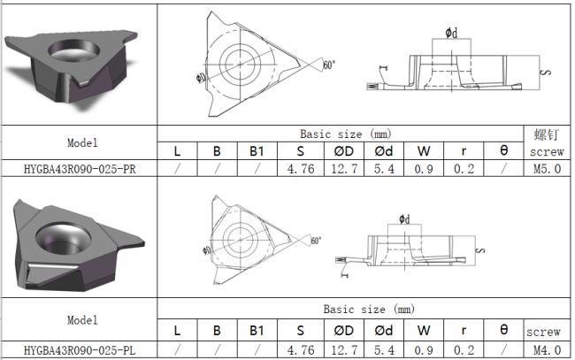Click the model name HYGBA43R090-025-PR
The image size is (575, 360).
click(80, 169)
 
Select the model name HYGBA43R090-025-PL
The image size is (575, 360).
click(80, 350)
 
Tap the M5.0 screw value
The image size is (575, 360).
click(547, 169)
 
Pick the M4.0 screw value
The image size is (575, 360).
click(547, 350)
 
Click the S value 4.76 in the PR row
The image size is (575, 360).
click(301, 169)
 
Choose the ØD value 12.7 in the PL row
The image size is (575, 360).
click(344, 350)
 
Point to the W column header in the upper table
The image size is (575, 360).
click(424, 151)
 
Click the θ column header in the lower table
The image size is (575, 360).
click(504, 330)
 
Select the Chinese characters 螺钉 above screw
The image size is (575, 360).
click(547, 135)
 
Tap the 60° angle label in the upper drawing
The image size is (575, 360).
click(329, 65)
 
